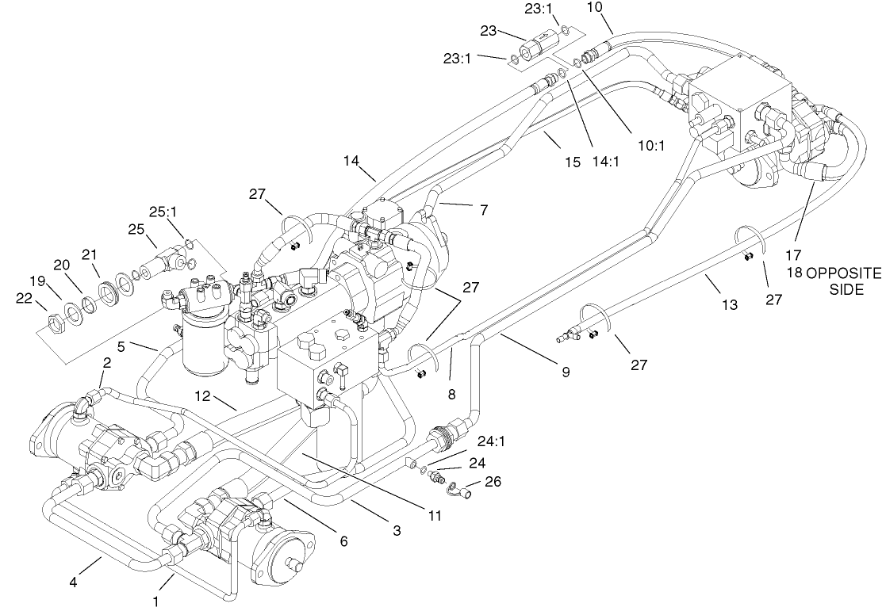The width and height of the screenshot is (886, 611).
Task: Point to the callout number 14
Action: tap(351, 161)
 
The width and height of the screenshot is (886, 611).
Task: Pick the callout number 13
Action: tap(729, 304)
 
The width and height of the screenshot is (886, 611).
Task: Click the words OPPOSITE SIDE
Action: tap(844, 281)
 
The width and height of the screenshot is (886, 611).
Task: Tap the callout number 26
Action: tap(493, 480)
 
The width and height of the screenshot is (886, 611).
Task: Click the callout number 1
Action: tap(155, 601)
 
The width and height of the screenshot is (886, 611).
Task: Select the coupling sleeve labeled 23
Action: tap(533, 44)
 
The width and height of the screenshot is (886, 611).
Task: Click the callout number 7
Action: tap(483, 210)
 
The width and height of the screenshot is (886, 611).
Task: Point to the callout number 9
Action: tap(565, 372)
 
